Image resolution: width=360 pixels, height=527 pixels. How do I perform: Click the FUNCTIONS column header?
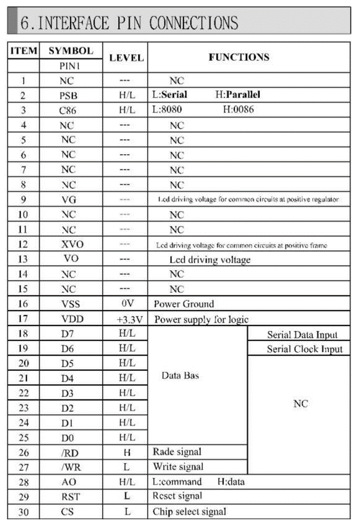point(239,57)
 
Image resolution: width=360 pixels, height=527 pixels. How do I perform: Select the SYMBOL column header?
point(71,51)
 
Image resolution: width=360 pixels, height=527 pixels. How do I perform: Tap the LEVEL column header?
point(126,57)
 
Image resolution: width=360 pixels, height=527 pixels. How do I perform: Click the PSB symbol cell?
point(70,96)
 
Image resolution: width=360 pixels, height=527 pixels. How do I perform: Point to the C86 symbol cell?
point(70,110)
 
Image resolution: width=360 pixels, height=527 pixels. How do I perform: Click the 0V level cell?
point(127,304)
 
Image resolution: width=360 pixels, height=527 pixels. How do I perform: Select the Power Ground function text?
point(184,304)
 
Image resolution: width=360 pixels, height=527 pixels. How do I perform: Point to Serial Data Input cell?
point(303,335)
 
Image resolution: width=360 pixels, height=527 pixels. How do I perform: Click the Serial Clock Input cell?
point(304,349)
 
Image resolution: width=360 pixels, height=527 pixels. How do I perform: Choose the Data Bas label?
point(181,376)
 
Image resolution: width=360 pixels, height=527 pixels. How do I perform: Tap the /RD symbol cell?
point(70,452)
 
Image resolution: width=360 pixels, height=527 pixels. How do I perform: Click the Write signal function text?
point(178,466)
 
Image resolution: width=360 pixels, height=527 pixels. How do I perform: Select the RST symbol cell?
point(70,496)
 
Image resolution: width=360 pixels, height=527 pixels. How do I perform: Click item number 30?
point(24,512)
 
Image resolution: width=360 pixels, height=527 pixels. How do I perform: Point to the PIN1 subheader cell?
point(70,67)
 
